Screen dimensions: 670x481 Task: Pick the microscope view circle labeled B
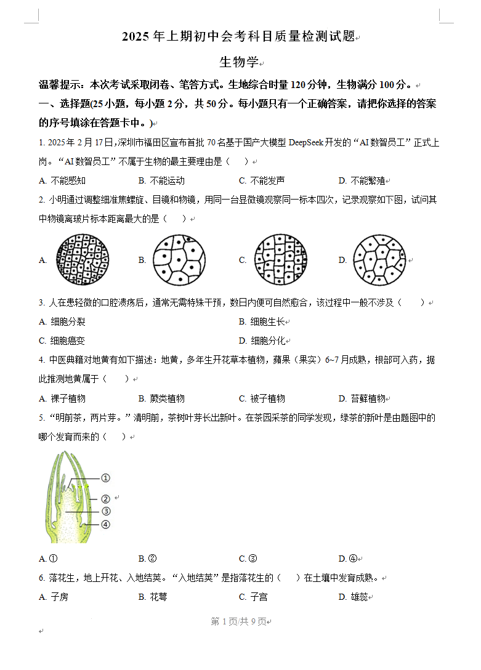(179, 260)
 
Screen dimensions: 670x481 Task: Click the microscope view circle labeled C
(280, 260)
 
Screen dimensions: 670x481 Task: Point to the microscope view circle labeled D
(380, 260)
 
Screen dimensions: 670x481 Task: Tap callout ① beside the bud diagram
(105, 478)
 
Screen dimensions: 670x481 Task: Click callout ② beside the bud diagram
(105, 499)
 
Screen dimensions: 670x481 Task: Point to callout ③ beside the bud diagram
(105, 511)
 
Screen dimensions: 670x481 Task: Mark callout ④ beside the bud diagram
(105, 524)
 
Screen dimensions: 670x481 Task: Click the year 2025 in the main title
(135, 37)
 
